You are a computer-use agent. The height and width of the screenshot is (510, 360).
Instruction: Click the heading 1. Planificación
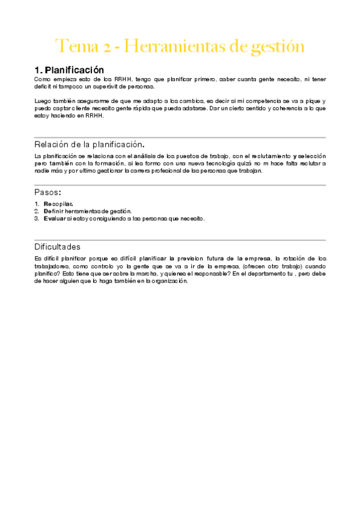(69, 70)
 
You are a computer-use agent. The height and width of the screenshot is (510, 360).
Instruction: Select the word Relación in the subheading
(54, 145)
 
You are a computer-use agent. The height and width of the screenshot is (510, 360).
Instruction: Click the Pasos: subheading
(48, 192)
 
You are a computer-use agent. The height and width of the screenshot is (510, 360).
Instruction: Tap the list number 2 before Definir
(37, 211)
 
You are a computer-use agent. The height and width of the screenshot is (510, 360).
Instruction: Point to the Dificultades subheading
(58, 247)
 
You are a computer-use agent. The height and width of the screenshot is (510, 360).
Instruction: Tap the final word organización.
(171, 280)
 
